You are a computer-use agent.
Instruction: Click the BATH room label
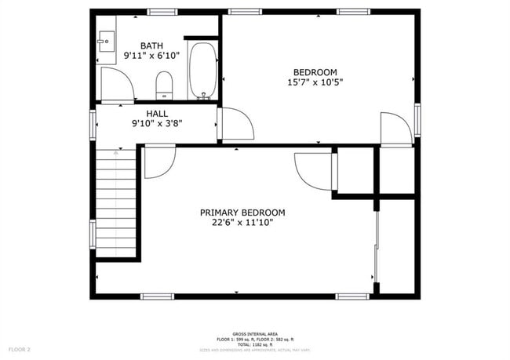tap(151, 45)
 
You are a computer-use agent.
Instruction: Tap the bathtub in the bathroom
tap(202, 71)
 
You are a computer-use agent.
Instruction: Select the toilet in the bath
tap(164, 85)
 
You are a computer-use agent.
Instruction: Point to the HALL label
tap(157, 115)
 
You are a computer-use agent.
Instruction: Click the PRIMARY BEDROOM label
tap(242, 213)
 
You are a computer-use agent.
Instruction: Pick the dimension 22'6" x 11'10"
tap(242, 223)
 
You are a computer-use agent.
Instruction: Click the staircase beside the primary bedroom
tap(116, 201)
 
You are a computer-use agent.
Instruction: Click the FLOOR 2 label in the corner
tap(19, 349)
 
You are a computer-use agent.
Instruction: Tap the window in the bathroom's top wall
tap(161, 12)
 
